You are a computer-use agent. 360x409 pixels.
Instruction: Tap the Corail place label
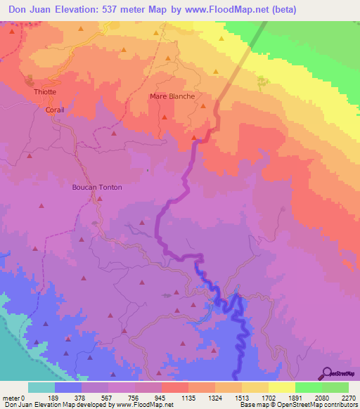pyautogui.click(x=55, y=110)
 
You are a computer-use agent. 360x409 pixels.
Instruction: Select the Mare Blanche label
pyautogui.click(x=172, y=96)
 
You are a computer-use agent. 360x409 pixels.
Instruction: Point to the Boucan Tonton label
pyautogui.click(x=97, y=188)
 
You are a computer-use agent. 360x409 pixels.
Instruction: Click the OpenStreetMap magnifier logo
pyautogui.click(x=326, y=372)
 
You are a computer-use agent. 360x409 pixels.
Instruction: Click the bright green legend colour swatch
pyautogui.click(x=308, y=387)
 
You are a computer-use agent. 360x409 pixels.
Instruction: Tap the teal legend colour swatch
pyautogui.click(x=41, y=387)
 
